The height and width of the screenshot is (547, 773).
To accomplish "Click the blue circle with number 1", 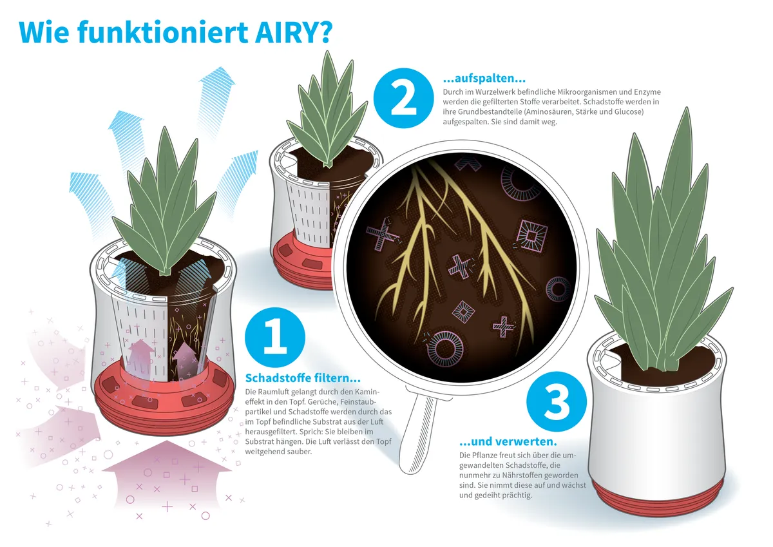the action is pyautogui.click(x=275, y=337).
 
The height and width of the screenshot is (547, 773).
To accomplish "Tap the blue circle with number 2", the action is pyautogui.click(x=403, y=98).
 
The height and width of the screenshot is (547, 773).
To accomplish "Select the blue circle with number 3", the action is pyautogui.click(x=557, y=401).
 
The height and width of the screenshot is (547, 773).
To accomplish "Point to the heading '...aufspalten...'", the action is pyautogui.click(x=484, y=79).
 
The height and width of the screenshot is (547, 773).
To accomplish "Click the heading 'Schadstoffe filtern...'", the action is pyautogui.click(x=303, y=378).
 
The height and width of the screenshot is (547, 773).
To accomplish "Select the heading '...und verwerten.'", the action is pyautogui.click(x=508, y=441).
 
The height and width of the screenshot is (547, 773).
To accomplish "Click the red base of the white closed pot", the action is pyautogui.click(x=658, y=496).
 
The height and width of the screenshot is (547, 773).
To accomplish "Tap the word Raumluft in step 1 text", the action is pyautogui.click(x=274, y=392).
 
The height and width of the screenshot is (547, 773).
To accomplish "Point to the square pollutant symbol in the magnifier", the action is pyautogui.click(x=531, y=235).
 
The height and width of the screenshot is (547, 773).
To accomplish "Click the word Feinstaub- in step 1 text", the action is pyautogui.click(x=359, y=401).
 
